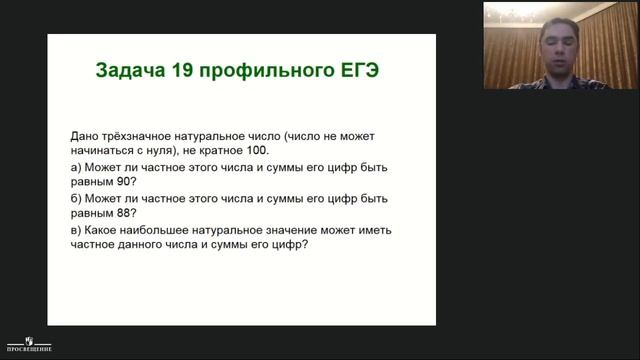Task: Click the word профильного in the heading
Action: (x=267, y=72)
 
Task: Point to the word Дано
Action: (x=87, y=134)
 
